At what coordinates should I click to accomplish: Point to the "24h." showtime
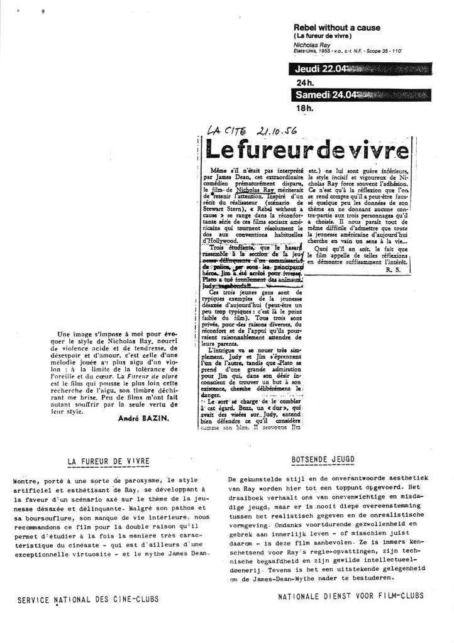[305, 82]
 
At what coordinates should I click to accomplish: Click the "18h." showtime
[305, 108]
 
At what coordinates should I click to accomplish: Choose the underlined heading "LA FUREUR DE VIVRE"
[109, 461]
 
